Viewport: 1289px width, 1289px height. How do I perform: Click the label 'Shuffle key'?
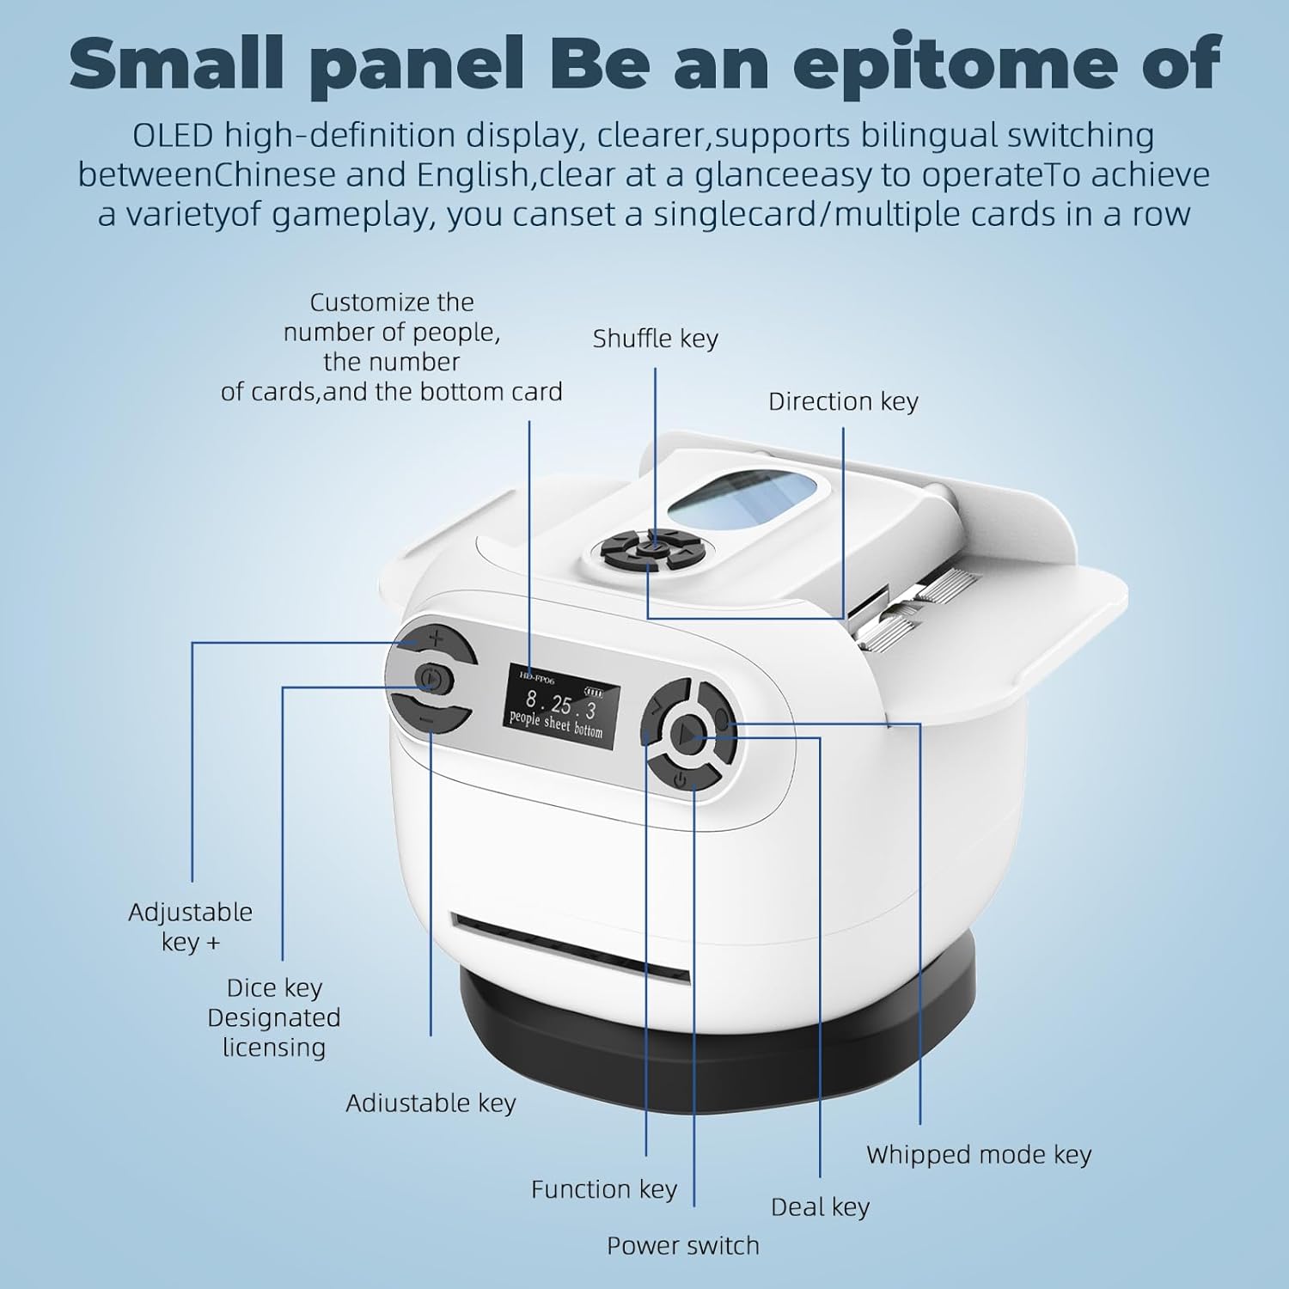click(x=655, y=339)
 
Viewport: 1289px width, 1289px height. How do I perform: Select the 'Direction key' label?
click(x=843, y=401)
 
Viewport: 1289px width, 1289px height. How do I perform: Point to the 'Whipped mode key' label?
click(x=979, y=1155)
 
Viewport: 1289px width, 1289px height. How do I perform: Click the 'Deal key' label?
click(x=820, y=1207)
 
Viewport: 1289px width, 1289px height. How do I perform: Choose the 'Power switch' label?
click(x=683, y=1245)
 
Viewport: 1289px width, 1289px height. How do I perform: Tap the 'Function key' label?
click(x=604, y=1189)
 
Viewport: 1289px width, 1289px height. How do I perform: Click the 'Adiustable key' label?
click(x=431, y=1103)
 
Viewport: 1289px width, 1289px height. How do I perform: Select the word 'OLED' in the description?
click(x=173, y=136)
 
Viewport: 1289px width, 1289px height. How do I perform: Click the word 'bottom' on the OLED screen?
click(x=589, y=730)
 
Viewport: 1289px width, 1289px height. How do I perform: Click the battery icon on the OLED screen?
click(x=594, y=692)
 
